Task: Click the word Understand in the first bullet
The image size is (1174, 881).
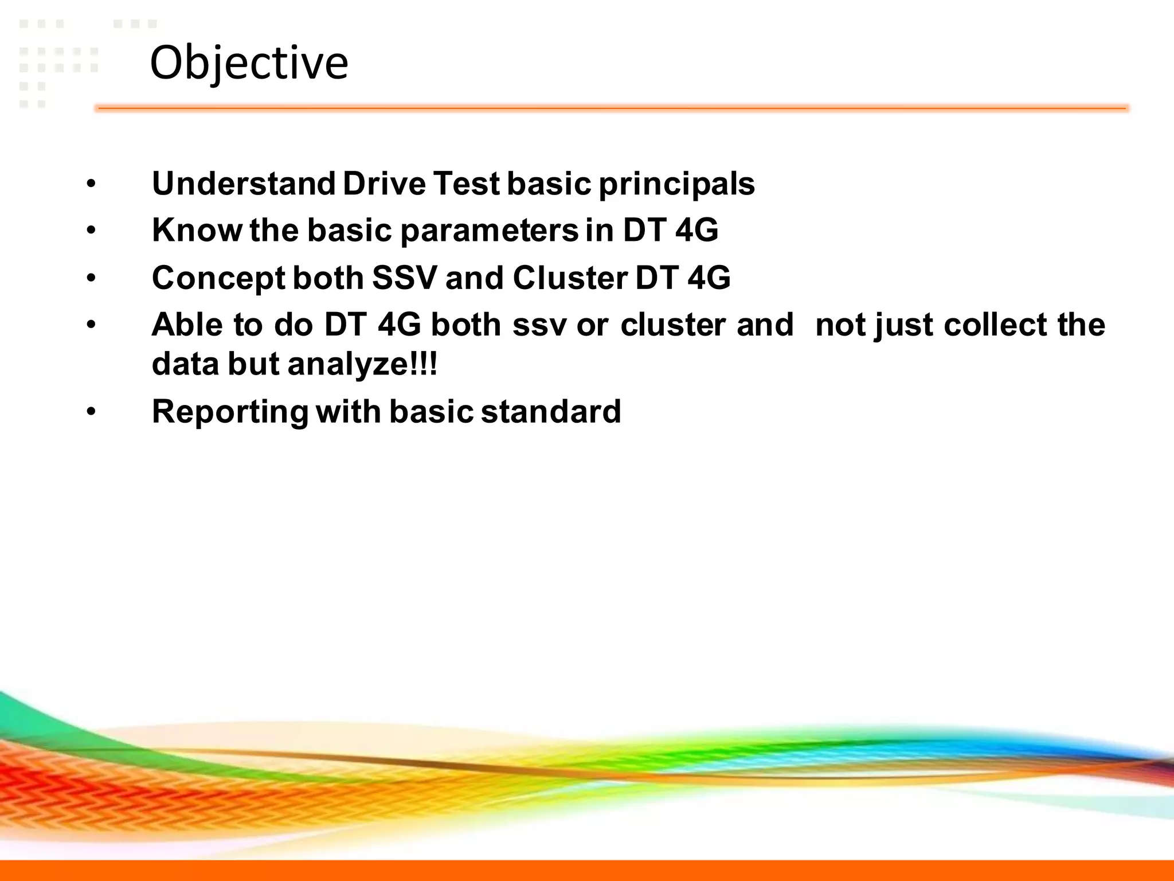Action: (x=244, y=184)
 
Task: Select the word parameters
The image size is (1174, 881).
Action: (x=490, y=231)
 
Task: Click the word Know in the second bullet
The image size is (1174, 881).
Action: (x=197, y=230)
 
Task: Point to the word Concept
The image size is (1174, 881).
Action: (x=218, y=279)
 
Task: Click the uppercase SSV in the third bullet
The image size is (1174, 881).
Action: (x=405, y=278)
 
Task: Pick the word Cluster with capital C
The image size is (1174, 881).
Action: (x=570, y=278)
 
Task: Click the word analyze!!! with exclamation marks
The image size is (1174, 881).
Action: (x=362, y=364)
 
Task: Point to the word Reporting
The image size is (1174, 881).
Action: (x=230, y=412)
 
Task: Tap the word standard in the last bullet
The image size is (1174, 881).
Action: (x=551, y=412)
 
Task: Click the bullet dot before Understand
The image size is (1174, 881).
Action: (x=91, y=185)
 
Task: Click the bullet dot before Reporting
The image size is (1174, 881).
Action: (x=91, y=412)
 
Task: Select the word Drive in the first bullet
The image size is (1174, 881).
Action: (x=384, y=184)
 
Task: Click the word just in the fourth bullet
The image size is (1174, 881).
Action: (x=904, y=326)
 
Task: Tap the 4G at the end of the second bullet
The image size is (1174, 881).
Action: (x=696, y=230)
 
